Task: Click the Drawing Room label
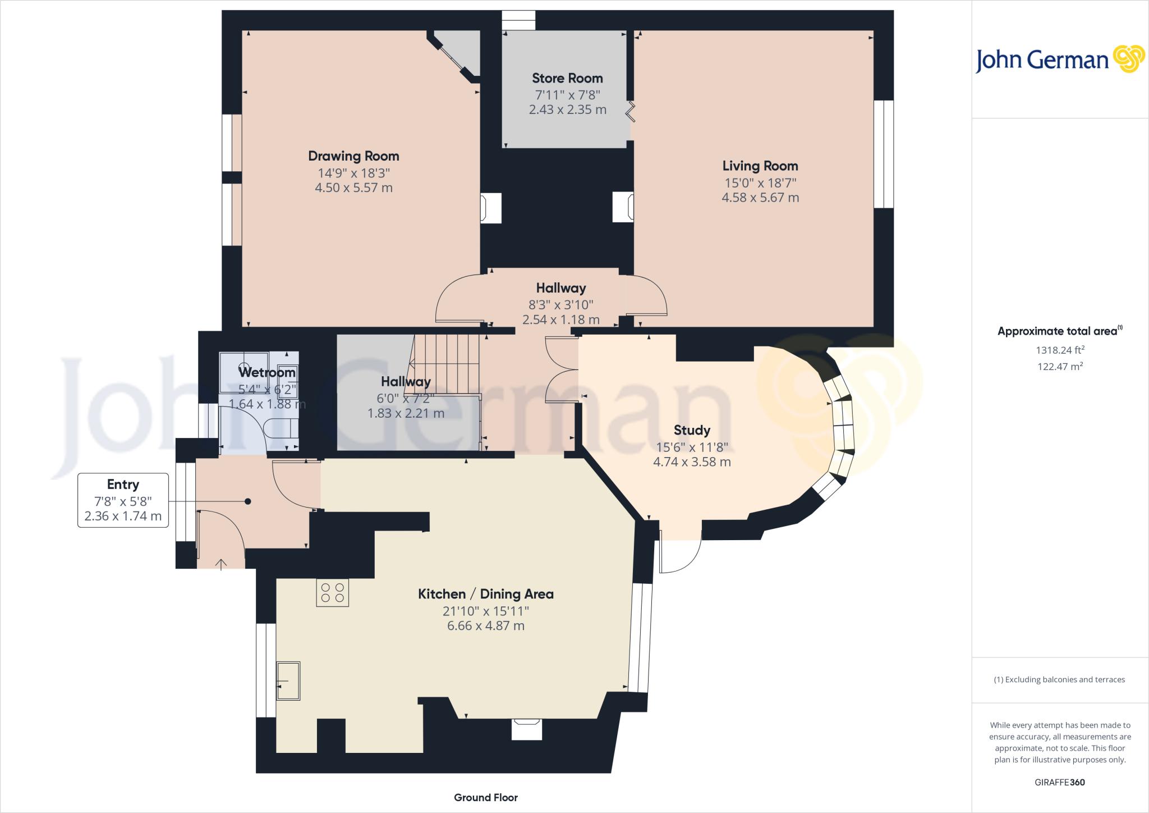tap(353, 156)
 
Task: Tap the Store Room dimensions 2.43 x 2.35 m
tap(567, 110)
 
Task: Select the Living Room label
tap(760, 166)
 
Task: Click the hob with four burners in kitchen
tap(332, 593)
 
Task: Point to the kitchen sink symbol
tap(288, 680)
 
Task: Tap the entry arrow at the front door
tap(221, 564)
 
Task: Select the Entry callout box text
tap(123, 500)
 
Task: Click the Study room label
tap(692, 431)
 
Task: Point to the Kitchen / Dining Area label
tap(485, 594)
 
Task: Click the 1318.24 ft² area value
tap(1060, 350)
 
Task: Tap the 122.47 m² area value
tap(1060, 367)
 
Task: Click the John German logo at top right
tap(1059, 60)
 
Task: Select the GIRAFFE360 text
tap(1059, 782)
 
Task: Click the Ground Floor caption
tap(485, 798)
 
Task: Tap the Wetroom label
tap(266, 373)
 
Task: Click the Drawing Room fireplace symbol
tap(490, 208)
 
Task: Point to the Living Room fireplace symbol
tap(623, 207)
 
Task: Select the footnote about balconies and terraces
tap(1059, 680)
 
